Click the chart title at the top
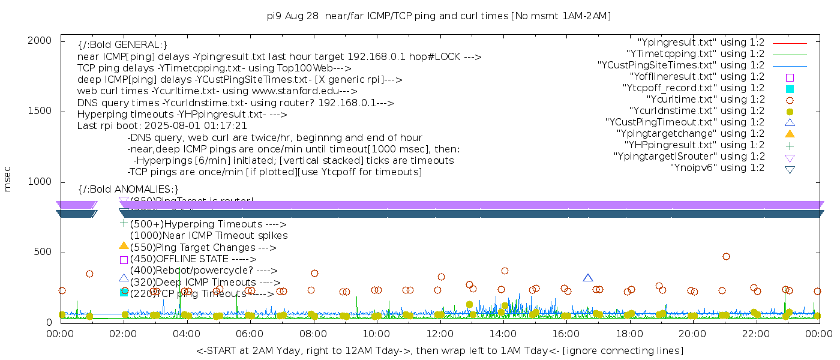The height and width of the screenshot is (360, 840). (439, 16)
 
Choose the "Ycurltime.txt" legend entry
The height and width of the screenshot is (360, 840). (706, 100)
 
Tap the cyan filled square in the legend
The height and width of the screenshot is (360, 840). (790, 89)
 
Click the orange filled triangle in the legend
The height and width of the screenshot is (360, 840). (790, 134)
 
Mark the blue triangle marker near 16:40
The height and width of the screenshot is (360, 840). (588, 278)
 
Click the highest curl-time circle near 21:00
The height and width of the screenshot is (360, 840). (726, 256)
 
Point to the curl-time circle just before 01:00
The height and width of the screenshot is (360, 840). (89, 274)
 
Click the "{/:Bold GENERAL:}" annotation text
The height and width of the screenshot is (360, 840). (122, 45)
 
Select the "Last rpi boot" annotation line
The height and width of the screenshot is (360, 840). (162, 126)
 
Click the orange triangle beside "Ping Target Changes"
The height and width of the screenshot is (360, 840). (124, 246)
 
